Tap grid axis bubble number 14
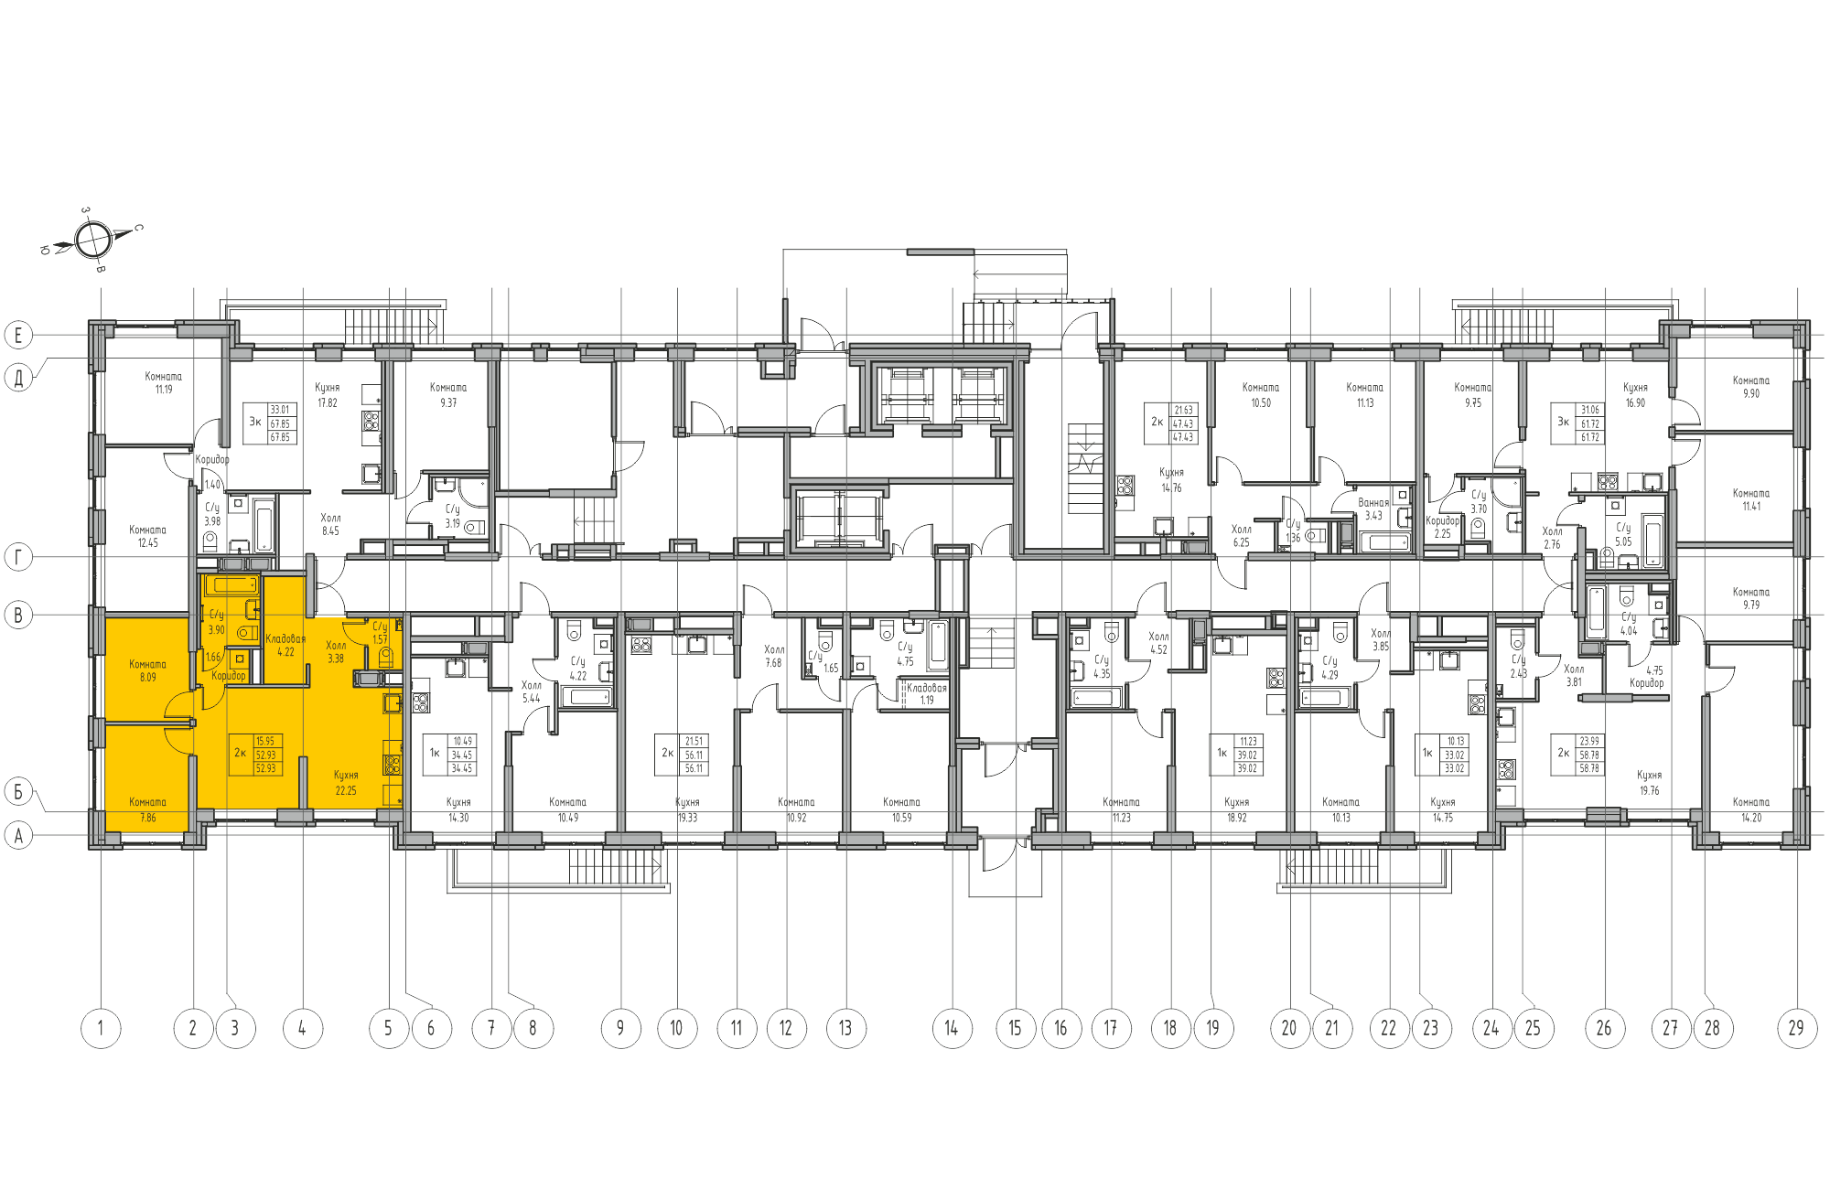click(952, 1028)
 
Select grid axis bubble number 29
click(1796, 1028)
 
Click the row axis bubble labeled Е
click(18, 335)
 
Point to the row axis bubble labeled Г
click(18, 556)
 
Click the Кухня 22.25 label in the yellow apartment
click(346, 783)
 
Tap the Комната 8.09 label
click(147, 670)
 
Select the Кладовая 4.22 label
click(285, 645)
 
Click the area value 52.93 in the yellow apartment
click(265, 755)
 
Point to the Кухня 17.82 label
click(327, 395)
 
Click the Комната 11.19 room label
click(163, 382)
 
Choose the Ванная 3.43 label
click(1373, 509)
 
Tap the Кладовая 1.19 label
click(927, 693)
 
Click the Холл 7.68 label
click(774, 656)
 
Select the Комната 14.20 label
click(1750, 809)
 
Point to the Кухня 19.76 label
click(1649, 783)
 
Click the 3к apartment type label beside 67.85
click(255, 423)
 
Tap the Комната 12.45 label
click(147, 536)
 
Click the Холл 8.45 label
click(330, 524)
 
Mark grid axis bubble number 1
click(101, 1028)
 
